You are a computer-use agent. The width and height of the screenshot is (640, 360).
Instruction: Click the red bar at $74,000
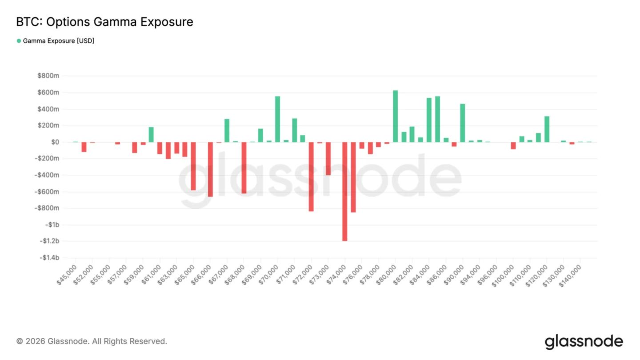tap(344, 191)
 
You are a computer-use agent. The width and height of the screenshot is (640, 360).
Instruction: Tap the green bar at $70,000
tap(277, 119)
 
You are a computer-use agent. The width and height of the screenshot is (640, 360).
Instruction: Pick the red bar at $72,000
tap(311, 176)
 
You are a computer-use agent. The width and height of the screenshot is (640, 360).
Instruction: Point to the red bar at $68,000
tap(244, 168)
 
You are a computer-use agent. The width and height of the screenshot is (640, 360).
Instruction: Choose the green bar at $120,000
tap(547, 129)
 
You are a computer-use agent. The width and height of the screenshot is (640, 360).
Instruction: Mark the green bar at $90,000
tap(463, 123)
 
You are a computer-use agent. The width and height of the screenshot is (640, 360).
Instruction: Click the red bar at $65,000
tap(193, 166)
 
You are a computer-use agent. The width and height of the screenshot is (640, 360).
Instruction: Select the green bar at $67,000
tap(227, 131)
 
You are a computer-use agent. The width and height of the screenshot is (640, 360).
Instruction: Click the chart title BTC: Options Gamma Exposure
tap(104, 22)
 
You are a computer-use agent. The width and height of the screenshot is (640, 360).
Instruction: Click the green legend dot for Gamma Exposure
tap(19, 41)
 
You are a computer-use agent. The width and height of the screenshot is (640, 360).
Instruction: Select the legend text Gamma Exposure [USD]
tap(59, 41)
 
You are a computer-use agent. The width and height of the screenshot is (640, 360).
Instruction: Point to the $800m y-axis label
tap(48, 76)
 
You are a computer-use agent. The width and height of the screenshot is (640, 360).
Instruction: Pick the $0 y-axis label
tap(55, 142)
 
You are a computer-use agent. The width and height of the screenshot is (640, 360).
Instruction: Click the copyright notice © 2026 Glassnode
tap(92, 341)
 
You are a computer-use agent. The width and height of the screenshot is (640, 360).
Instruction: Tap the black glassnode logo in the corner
tap(584, 341)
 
